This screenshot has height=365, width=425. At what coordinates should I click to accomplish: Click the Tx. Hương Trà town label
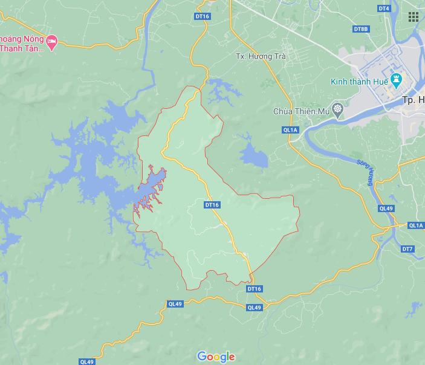[260, 56]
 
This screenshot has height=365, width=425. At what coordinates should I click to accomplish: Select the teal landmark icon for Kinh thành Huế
[397, 79]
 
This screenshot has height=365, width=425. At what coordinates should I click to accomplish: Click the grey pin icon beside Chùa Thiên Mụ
[337, 110]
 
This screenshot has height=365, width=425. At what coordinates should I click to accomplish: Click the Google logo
[216, 357]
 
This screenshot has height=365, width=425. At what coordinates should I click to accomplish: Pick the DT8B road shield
[361, 29]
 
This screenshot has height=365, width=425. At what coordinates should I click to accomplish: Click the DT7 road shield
[407, 249]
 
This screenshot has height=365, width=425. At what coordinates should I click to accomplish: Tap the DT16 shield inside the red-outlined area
[212, 205]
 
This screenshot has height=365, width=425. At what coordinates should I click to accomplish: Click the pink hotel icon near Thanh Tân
[52, 42]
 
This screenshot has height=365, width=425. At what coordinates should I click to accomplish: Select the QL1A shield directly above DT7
[415, 225]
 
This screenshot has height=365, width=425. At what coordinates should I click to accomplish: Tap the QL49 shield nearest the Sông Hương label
[386, 208]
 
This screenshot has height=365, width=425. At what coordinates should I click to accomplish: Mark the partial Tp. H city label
[413, 100]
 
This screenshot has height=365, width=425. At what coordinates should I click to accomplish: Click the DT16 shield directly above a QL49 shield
[255, 289]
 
